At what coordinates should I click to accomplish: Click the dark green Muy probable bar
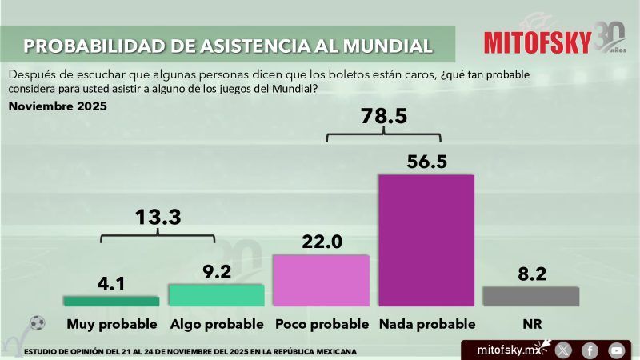pos(111,301)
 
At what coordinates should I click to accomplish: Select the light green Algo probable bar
pos(216,294)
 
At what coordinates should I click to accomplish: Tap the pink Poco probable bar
pos(321,280)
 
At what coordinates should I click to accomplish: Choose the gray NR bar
pos(531,296)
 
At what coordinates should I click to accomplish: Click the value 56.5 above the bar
pos(426,160)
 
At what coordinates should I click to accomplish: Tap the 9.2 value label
pos(216,271)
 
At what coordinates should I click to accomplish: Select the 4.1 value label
pos(111,283)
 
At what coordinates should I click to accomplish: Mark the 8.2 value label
pos(531,274)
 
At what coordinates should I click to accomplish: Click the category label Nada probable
pos(426,324)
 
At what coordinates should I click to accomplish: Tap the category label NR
pos(531,324)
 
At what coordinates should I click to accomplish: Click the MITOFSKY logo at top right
pos(538,42)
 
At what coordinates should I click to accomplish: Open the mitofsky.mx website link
pos(506,350)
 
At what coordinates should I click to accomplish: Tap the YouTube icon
pos(616,350)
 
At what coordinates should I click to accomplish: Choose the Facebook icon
pos(590,350)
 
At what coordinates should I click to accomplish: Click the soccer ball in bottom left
pos(38,323)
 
